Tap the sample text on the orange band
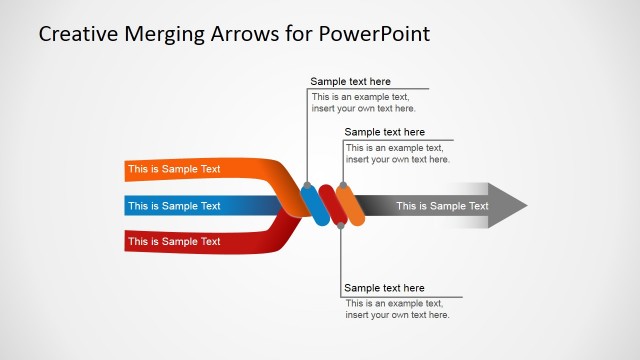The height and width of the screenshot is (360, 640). click(x=174, y=169)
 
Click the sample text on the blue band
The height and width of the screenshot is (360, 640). click(x=174, y=206)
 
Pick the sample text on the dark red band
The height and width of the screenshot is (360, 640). click(x=174, y=241)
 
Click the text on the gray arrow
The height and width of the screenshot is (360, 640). click(x=442, y=206)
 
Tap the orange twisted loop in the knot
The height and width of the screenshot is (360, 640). click(x=350, y=206)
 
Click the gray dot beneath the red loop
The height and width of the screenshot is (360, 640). click(x=342, y=227)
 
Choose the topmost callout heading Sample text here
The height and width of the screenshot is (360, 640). click(x=350, y=82)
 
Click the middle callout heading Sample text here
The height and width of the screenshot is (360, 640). click(x=384, y=132)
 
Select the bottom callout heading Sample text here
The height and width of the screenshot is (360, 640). click(x=384, y=288)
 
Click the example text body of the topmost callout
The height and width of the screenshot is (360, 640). click(x=363, y=103)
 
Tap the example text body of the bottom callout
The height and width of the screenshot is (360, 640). click(x=397, y=309)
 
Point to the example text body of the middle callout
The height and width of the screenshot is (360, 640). click(x=397, y=153)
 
